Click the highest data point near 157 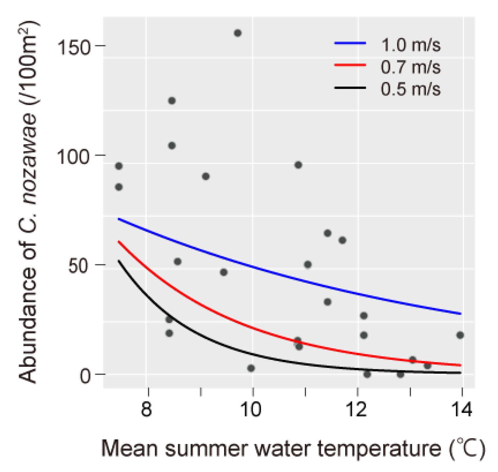click(x=238, y=33)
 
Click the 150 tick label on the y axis click(x=74, y=47)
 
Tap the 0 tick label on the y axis click(x=85, y=376)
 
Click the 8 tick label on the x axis click(x=147, y=409)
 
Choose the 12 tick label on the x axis click(x=356, y=409)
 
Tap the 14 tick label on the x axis click(x=461, y=409)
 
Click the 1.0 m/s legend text click(x=411, y=45)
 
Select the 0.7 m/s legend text click(x=411, y=67)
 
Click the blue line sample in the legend click(x=350, y=43)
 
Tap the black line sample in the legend click(x=350, y=87)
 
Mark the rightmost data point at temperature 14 click(x=460, y=335)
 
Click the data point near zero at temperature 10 click(x=251, y=368)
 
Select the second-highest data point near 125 click(x=172, y=101)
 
